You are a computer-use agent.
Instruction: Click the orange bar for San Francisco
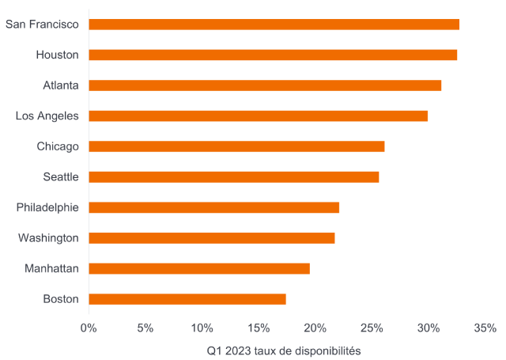point(274,25)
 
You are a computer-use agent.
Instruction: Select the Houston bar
point(273,55)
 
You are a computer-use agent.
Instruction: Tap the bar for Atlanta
point(265,85)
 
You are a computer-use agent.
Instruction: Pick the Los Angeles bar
point(259,116)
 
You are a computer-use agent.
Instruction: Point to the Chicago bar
point(236,146)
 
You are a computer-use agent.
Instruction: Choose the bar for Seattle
point(234,176)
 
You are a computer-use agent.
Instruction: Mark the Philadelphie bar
point(214,207)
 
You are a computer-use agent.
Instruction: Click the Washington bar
point(212,237)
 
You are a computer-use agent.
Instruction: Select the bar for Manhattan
point(199,268)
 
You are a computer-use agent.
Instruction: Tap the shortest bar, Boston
point(187,299)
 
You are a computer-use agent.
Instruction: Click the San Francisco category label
point(42,25)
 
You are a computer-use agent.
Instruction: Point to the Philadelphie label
point(47,207)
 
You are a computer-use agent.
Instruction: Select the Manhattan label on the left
point(51,268)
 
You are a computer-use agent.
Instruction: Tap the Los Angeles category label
point(47,116)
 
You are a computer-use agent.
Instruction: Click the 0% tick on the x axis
point(89,327)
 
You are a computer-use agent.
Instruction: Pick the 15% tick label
point(259,327)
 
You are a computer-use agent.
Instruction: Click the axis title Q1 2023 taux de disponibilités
point(284,349)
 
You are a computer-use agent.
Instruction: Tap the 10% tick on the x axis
point(202,327)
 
